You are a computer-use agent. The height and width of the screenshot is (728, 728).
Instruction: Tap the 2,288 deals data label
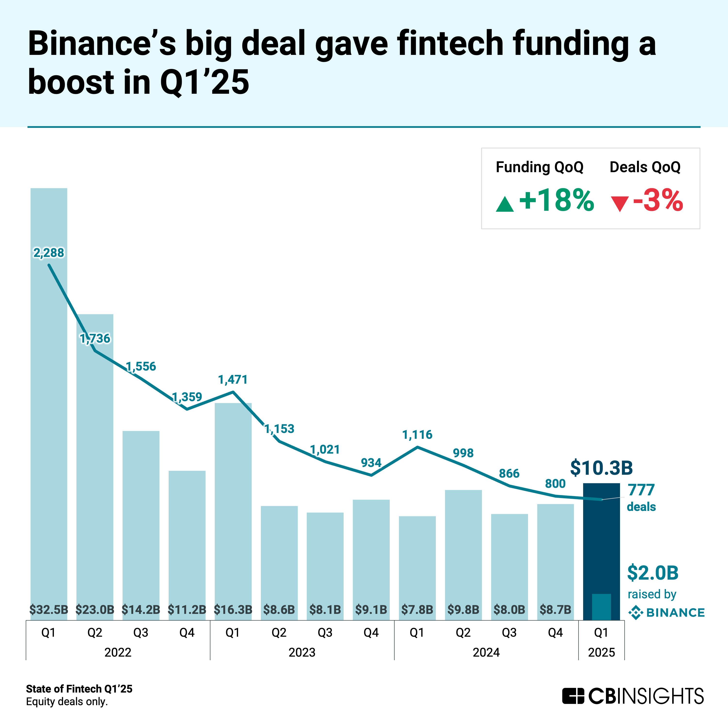click(x=49, y=253)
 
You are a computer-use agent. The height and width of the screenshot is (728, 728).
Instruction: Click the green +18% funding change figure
click(x=556, y=200)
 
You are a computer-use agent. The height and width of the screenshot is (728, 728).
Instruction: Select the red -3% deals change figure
click(x=658, y=200)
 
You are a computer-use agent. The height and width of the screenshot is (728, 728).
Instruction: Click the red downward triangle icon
click(x=620, y=204)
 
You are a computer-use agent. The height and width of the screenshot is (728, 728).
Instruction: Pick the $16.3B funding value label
click(x=233, y=609)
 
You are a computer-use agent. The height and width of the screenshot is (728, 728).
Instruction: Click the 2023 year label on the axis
click(x=302, y=652)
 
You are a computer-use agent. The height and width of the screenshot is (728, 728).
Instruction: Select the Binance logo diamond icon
click(x=636, y=613)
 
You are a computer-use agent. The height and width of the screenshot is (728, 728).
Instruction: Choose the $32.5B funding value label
click(x=49, y=609)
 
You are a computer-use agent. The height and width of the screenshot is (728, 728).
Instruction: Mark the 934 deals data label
click(x=371, y=463)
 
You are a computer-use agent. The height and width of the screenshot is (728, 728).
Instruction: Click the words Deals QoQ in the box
click(x=645, y=167)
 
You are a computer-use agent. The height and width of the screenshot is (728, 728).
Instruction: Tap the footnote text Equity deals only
click(x=67, y=702)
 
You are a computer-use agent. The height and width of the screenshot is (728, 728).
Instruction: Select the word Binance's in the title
click(x=102, y=44)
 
